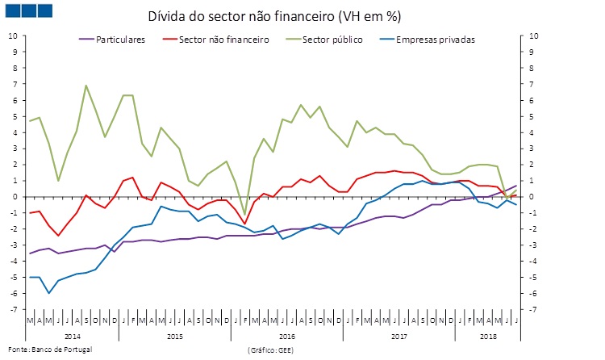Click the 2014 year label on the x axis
click(x=73, y=333)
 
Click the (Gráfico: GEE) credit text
click(x=271, y=350)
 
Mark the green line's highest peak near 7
click(x=86, y=86)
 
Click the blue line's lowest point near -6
click(x=49, y=293)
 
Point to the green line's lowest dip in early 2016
click(x=245, y=215)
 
